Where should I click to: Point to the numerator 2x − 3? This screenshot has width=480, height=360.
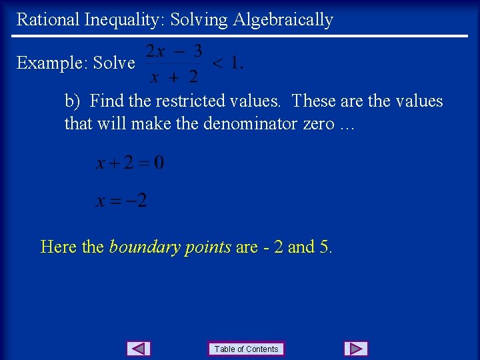click(174, 51)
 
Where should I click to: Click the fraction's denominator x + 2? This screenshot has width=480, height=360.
click(174, 77)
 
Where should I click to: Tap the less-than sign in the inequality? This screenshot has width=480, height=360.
click(217, 63)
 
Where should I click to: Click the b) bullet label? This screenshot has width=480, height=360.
click(72, 101)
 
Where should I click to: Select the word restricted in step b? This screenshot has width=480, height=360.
click(187, 101)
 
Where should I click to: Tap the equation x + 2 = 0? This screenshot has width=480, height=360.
click(130, 163)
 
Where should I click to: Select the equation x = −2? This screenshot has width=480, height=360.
click(122, 200)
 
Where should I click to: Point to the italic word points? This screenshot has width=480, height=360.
click(207, 247)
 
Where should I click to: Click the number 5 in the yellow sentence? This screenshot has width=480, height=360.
click(325, 247)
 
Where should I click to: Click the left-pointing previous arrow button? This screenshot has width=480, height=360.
click(139, 349)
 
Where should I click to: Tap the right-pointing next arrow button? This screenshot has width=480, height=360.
click(356, 349)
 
